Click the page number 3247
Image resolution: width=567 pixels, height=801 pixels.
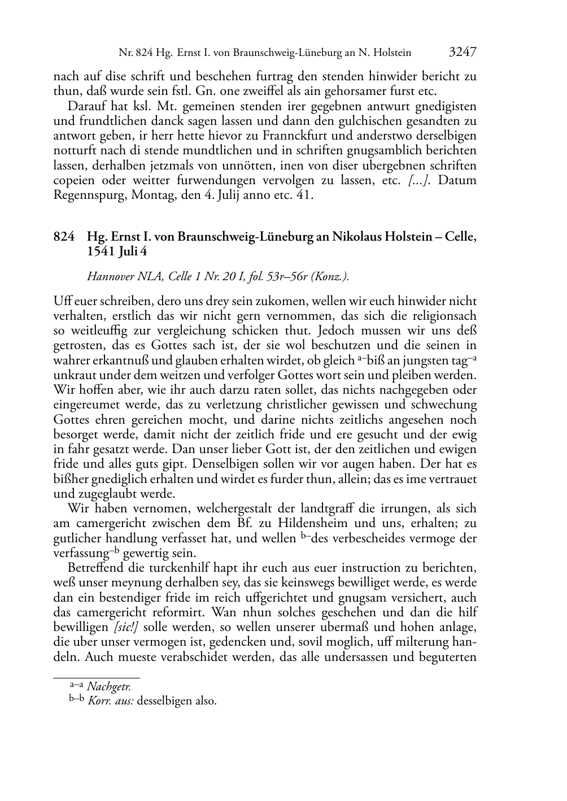point(463,53)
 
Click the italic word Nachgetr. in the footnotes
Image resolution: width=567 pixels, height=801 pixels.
point(109,687)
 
